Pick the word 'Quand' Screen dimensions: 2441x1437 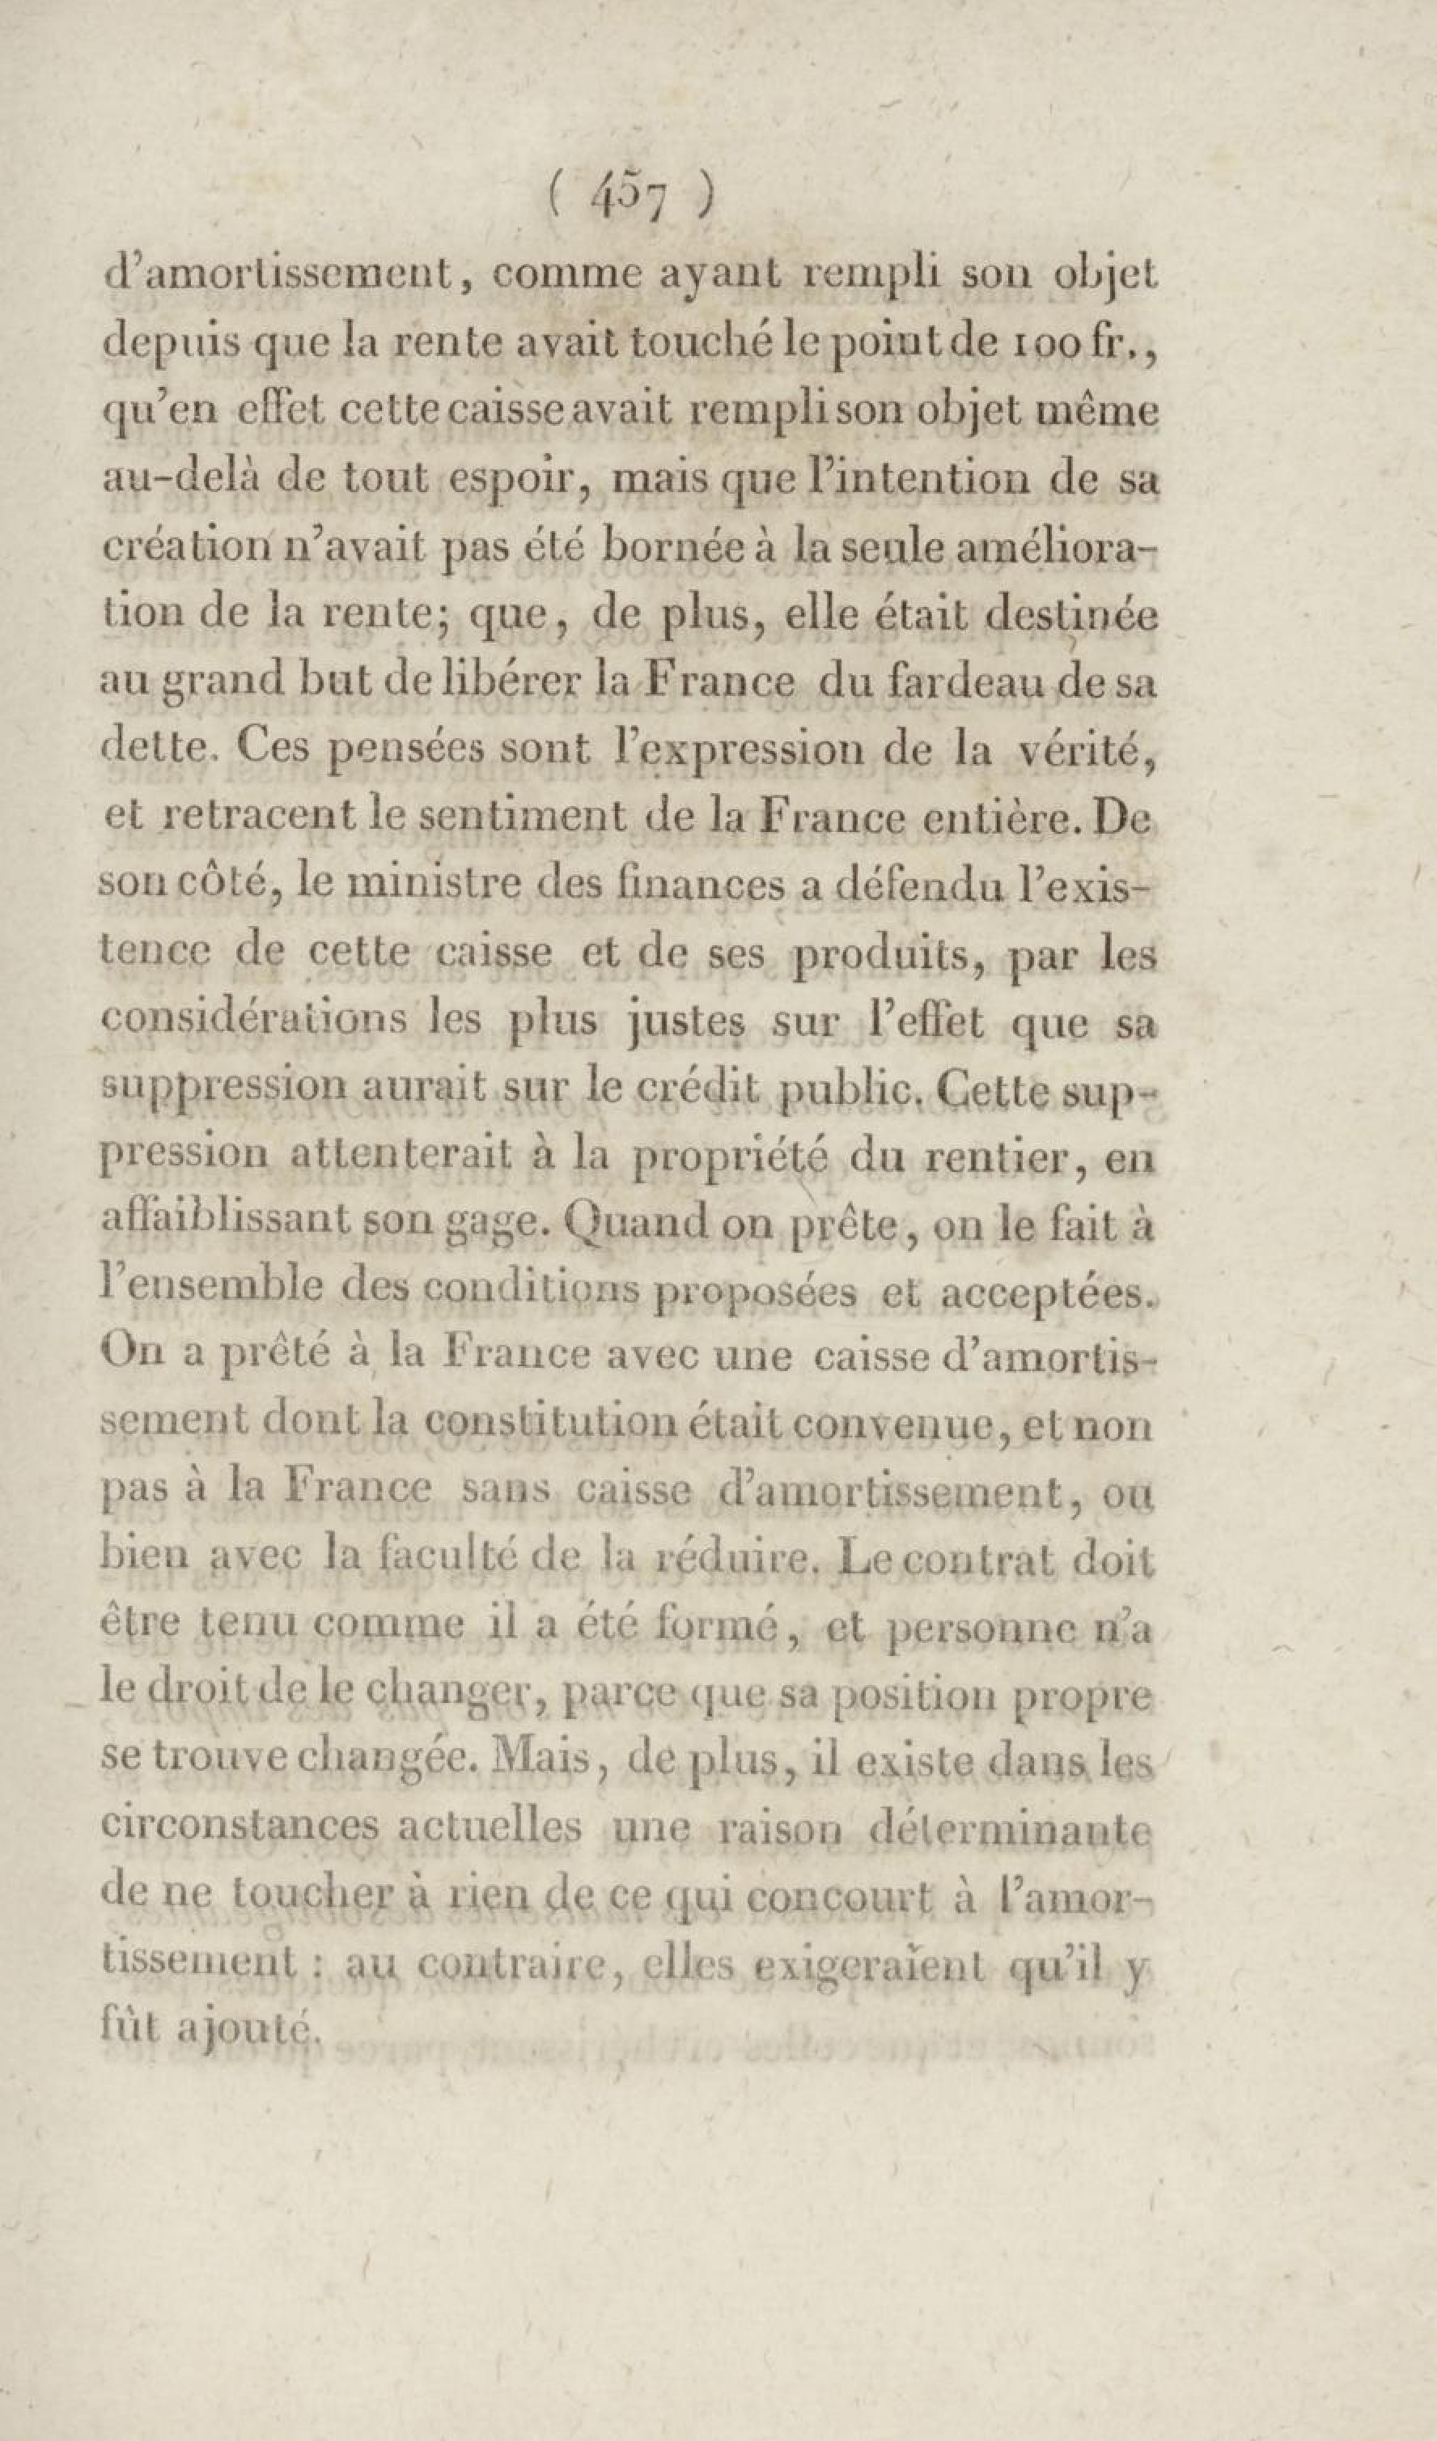[x=621, y=1225]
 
